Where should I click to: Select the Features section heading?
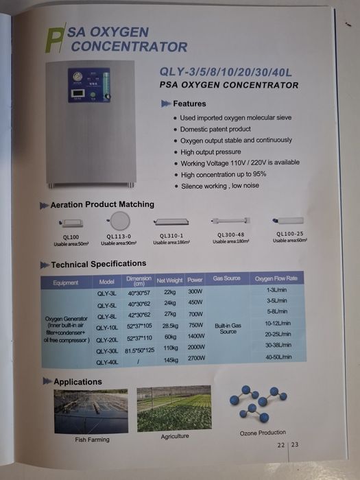pos(189,104)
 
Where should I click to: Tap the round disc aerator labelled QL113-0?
pos(119,221)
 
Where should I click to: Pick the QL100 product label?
pos(71,237)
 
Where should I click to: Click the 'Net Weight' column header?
pos(169,280)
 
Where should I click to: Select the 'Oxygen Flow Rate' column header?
pos(276,279)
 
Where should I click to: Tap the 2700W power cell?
pos(196,358)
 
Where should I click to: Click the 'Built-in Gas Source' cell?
pos(228,328)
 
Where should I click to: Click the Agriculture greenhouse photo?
pos(174,409)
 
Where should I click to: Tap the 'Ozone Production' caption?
pos(262,432)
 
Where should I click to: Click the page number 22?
pos(281,445)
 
